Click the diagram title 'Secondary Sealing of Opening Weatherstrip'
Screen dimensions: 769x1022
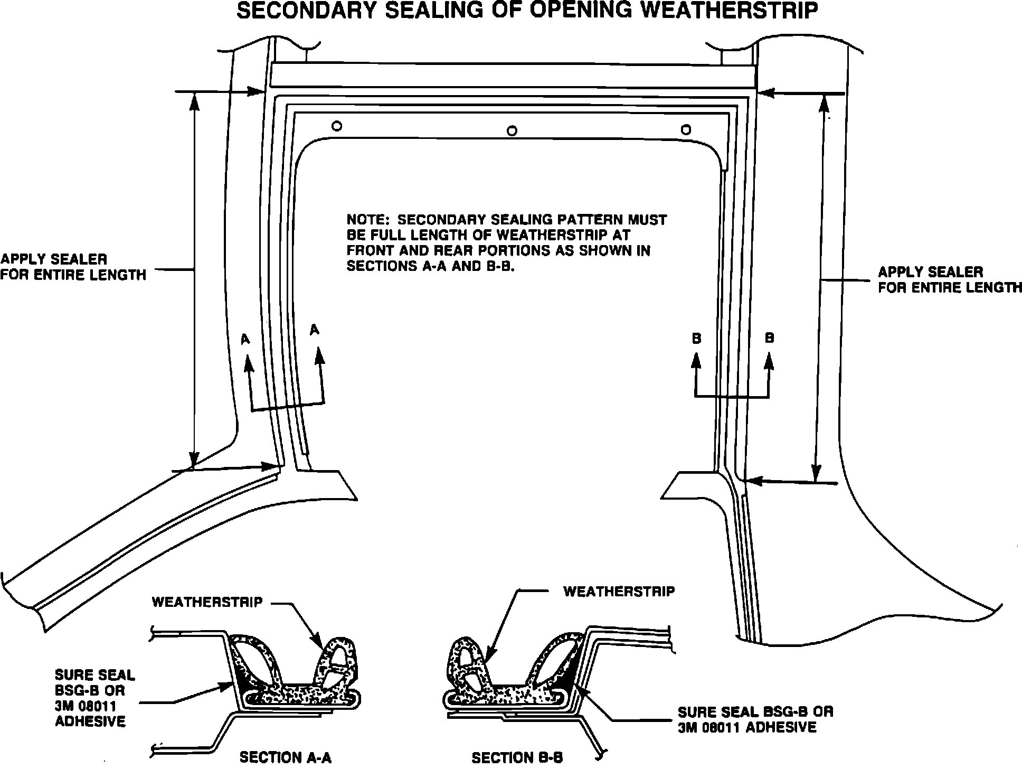[x=527, y=11]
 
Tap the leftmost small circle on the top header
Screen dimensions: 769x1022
[x=337, y=126]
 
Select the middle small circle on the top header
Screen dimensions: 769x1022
[x=511, y=130]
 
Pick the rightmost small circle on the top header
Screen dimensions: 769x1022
[x=686, y=129]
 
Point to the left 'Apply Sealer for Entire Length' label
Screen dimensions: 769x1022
[x=73, y=267]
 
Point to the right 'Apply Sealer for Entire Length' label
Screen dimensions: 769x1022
[x=949, y=280]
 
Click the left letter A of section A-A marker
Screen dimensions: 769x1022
[x=245, y=340]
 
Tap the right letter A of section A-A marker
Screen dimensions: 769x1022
[x=315, y=330]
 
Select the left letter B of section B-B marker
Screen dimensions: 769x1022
[x=696, y=339]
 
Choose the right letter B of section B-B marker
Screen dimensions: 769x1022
[x=769, y=338]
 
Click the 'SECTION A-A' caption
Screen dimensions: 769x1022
[x=286, y=757]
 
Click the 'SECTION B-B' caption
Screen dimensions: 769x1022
[x=517, y=758]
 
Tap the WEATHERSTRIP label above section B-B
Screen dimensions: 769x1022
[x=619, y=592]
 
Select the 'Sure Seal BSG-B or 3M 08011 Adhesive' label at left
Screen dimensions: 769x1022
[x=95, y=698]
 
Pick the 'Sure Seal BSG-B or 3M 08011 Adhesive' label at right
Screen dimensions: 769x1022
[x=755, y=719]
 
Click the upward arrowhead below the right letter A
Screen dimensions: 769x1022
[x=318, y=355]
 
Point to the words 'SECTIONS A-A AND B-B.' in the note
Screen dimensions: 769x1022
[x=430, y=266]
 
